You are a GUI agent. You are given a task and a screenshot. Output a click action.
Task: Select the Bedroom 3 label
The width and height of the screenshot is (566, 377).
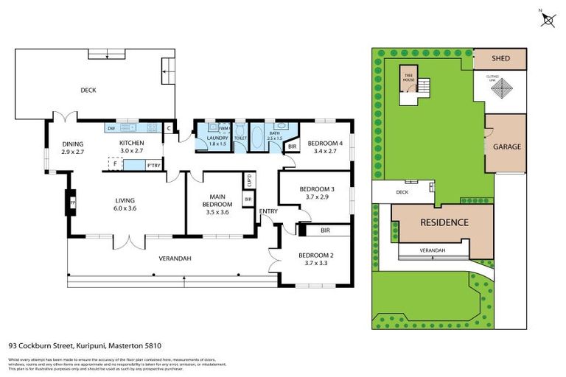click(317, 189)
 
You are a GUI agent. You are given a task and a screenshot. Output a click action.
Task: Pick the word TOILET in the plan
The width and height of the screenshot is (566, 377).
click(240, 138)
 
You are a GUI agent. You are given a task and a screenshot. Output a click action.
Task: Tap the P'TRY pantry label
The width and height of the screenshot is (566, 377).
click(153, 165)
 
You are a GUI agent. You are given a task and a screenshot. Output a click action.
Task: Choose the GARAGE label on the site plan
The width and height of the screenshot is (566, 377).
click(506, 147)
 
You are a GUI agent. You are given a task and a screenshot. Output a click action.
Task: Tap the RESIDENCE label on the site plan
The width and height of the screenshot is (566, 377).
click(444, 222)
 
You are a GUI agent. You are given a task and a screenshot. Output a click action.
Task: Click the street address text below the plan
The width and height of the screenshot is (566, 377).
click(85, 345)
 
